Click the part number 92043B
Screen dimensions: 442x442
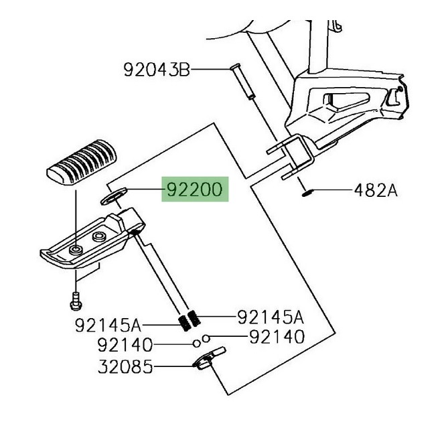coord(157,69)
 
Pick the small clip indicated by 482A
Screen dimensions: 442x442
coord(307,194)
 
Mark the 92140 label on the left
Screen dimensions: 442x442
coord(125,346)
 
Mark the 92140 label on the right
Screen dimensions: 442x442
coord(277,337)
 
